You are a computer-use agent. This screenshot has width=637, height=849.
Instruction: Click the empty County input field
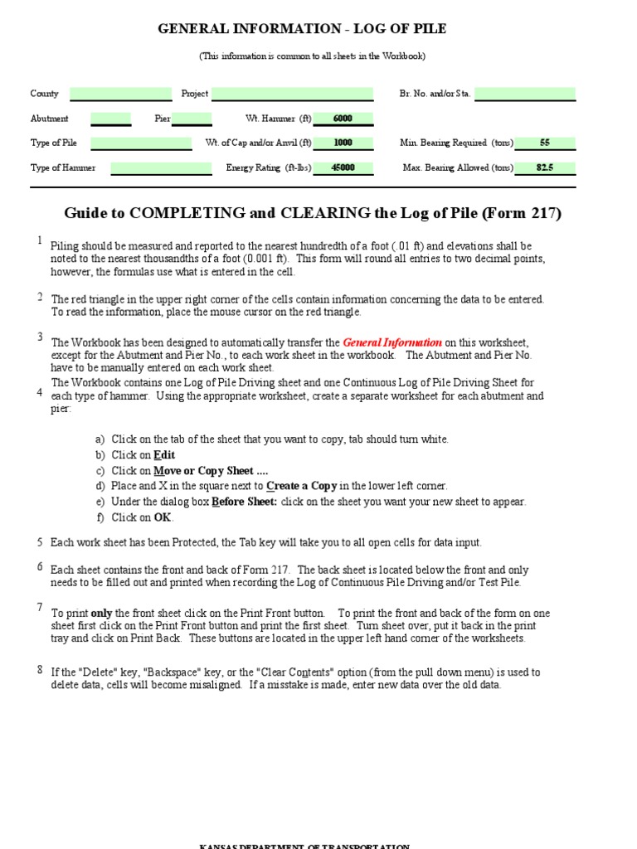(x=121, y=94)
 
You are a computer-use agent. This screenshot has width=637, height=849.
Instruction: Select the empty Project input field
(x=293, y=94)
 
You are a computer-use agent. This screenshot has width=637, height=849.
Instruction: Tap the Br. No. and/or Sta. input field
(x=525, y=94)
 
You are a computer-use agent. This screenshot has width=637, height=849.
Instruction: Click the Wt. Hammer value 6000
(x=343, y=119)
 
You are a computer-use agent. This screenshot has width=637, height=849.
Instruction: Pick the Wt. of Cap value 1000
(x=343, y=143)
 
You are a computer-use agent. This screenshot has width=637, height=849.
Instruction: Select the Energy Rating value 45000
(x=343, y=167)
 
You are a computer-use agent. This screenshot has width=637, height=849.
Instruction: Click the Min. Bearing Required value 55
(x=545, y=143)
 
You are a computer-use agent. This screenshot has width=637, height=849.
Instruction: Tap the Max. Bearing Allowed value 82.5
(x=545, y=167)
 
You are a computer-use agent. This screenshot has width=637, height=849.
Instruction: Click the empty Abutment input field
(x=110, y=119)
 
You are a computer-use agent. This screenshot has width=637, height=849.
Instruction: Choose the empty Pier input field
(x=192, y=119)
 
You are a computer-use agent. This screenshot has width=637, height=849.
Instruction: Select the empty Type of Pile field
(x=141, y=143)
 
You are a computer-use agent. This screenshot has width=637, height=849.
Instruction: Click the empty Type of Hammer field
(x=161, y=167)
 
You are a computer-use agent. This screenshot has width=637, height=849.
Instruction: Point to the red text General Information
(x=392, y=342)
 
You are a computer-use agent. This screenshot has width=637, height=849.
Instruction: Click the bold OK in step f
(x=163, y=517)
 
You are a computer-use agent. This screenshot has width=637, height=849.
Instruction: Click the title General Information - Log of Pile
(x=302, y=29)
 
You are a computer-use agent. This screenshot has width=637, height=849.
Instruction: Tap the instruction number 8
(x=39, y=669)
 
